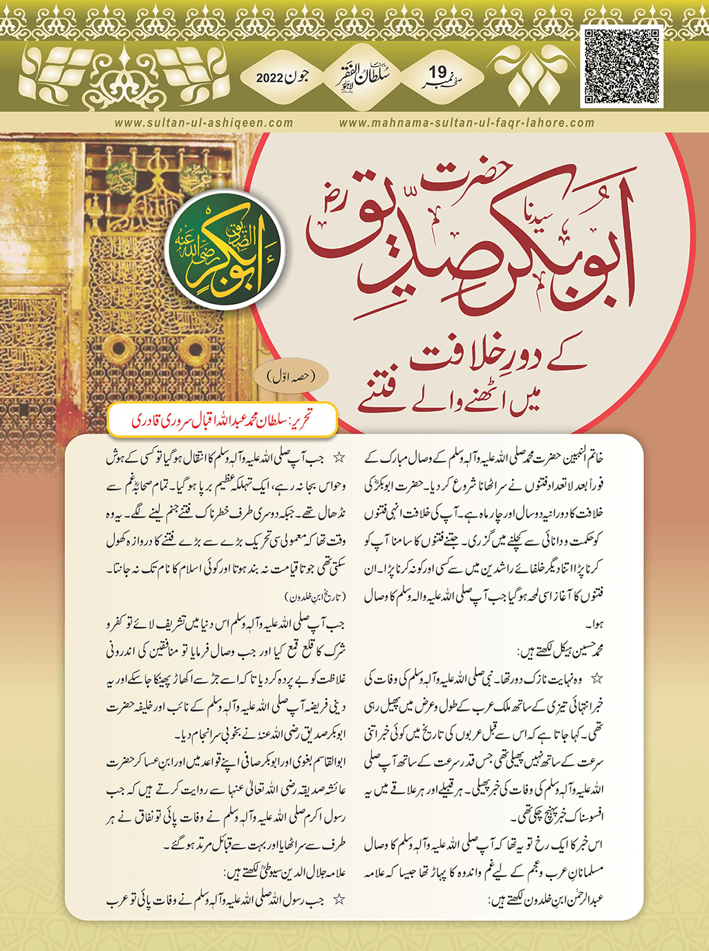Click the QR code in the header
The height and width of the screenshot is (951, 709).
coord(622,66)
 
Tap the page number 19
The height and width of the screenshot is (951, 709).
coord(438,72)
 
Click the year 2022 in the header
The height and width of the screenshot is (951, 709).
coord(270,77)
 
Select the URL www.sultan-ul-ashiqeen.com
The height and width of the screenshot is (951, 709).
coord(204,123)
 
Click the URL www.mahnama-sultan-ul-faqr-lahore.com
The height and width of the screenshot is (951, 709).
coord(467,123)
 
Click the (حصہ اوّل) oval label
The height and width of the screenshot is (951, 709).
coord(290,377)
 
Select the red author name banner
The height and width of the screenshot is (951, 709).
coord(223,420)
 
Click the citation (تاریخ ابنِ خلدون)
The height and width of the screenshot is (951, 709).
coord(314,596)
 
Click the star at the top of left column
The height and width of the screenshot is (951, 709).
coord(339,458)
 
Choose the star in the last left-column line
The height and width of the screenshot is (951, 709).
coord(339,900)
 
